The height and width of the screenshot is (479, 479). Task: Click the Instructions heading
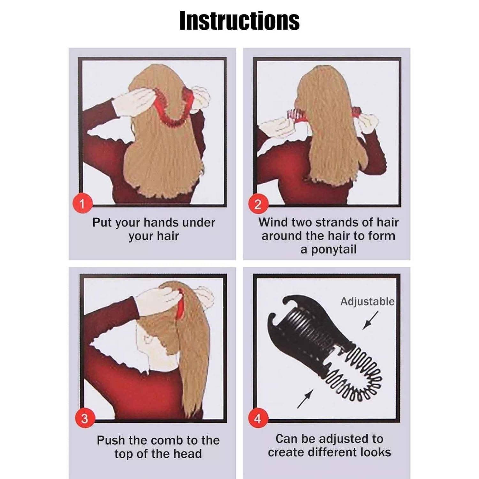[x=240, y=21]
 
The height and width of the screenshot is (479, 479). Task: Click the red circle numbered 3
[x=84, y=418]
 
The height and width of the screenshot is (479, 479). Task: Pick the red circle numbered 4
[x=258, y=419]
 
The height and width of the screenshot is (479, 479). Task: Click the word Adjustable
[x=367, y=302]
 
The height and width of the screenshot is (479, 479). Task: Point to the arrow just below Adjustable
[x=370, y=320]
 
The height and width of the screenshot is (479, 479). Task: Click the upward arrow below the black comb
[x=305, y=399]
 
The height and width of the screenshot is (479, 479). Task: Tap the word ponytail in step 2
[x=334, y=250]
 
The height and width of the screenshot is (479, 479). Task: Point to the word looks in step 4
[x=376, y=452]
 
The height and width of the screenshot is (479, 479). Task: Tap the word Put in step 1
[x=102, y=223]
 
